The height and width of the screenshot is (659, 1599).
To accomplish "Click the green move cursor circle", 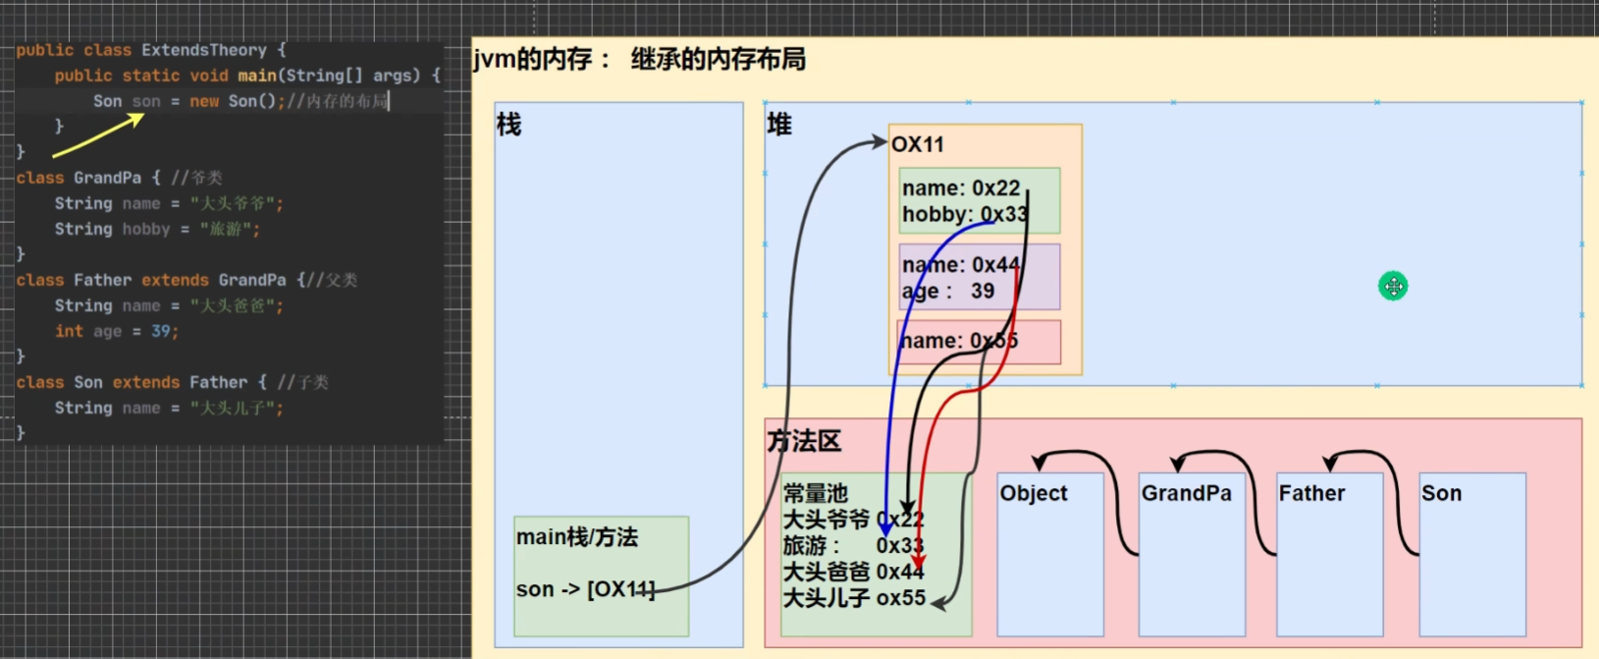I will point(1393,286).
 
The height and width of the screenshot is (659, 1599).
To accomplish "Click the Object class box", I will point(1049,554).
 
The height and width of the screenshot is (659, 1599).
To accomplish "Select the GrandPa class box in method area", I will point(1191,554).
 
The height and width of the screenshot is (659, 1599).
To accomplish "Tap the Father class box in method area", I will point(1329,554).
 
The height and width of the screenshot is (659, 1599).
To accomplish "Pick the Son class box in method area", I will point(1472,554).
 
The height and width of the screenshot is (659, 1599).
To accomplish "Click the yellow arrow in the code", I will point(98,136).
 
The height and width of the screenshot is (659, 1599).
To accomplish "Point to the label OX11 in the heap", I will point(918,144).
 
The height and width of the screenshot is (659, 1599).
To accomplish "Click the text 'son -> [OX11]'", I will point(585,589).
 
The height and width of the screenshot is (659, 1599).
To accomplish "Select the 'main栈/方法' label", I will point(577,537).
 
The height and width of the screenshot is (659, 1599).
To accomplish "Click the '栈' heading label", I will point(509,125).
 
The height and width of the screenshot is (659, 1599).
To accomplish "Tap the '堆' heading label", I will point(779,125).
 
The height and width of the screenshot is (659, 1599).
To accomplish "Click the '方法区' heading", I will point(804,442).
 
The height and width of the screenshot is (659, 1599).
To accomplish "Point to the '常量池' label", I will point(815,493).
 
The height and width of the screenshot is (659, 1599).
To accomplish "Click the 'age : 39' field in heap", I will point(948,292).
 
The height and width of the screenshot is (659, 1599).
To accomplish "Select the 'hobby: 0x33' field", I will point(964,214).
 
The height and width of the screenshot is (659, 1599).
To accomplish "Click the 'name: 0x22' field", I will point(961,188).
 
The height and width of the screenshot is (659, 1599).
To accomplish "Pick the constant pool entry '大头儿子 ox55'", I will point(854,598).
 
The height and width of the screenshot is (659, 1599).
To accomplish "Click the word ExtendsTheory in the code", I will point(203,50).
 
